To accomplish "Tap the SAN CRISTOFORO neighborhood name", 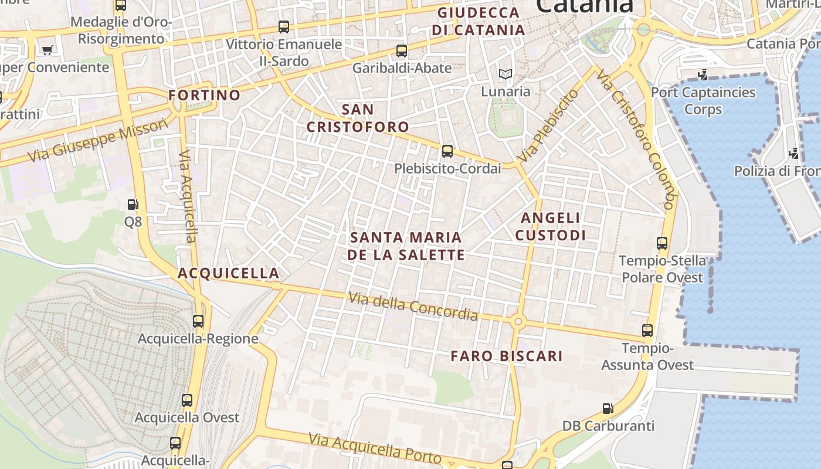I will pos(358,118).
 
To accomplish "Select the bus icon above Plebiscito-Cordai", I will pos(447,151).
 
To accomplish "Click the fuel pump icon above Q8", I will pos(133,205).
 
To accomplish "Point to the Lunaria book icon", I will pos(505,74).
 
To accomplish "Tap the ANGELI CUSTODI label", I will pos(551,226).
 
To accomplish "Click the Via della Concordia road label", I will pos(413,306).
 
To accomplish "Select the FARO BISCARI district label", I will pos(507,356).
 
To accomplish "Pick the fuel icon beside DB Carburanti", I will pos(608,408).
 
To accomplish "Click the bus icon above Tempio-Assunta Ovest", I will pos(647,331).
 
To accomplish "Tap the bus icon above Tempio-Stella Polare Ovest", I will pos(662,243).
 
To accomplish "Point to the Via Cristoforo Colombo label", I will pos(637,140).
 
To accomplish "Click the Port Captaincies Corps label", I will pos(703,101).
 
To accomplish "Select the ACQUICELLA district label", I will pos(228,273).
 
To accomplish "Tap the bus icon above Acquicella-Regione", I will pos(198,321).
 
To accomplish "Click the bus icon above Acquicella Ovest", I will pos(187,400).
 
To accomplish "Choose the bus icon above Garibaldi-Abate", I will pos(402,51).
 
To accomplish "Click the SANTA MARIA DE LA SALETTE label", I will pos(406,246).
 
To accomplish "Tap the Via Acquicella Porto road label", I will pos(375,448).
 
